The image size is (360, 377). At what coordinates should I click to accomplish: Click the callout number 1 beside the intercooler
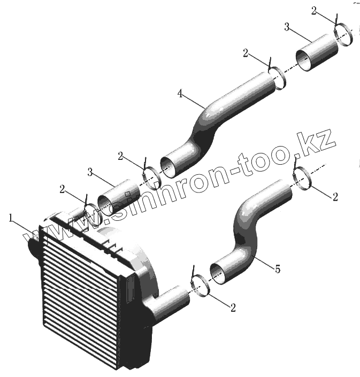(x=11, y=218)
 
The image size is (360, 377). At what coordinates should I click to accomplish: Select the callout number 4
(x=181, y=94)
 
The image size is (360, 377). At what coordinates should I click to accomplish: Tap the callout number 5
(x=277, y=270)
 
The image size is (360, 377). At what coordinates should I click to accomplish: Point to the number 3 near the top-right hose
(x=287, y=27)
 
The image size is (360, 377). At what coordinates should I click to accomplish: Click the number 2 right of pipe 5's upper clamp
(x=335, y=197)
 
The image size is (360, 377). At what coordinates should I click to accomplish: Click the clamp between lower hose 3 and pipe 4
(x=151, y=175)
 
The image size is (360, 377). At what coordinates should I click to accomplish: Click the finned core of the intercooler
(x=80, y=289)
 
